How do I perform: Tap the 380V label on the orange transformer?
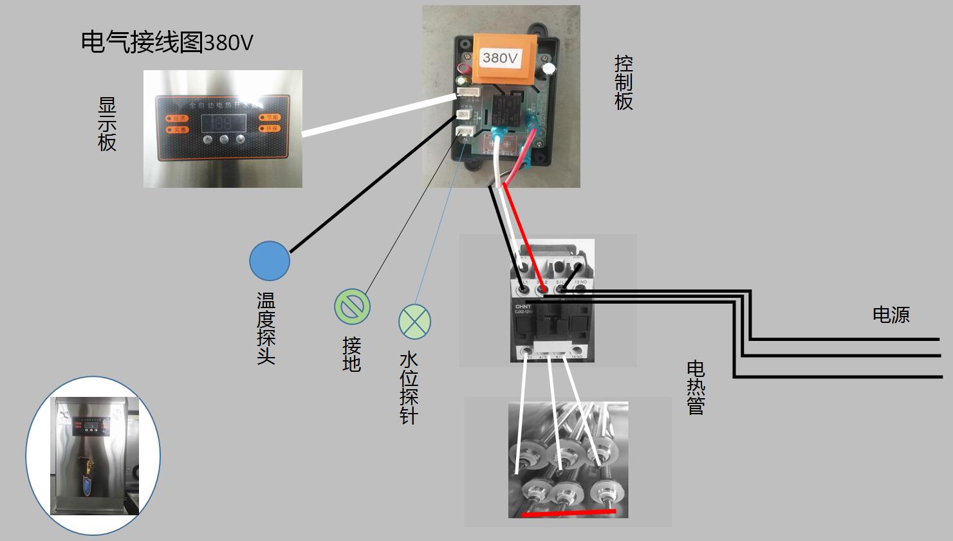tap(500, 58)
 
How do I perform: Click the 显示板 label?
tap(107, 124)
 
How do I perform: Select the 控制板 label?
tap(623, 82)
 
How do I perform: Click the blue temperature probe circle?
tap(270, 261)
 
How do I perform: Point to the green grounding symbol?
tap(352, 306)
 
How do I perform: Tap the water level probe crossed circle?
tap(414, 321)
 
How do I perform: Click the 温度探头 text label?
tap(266, 328)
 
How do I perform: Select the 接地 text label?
tap(351, 354)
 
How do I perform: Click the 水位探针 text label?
tap(408, 387)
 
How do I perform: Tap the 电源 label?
tap(891, 315)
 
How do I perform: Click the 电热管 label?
tap(696, 387)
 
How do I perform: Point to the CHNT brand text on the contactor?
tap(521, 306)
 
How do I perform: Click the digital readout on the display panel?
tap(223, 122)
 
